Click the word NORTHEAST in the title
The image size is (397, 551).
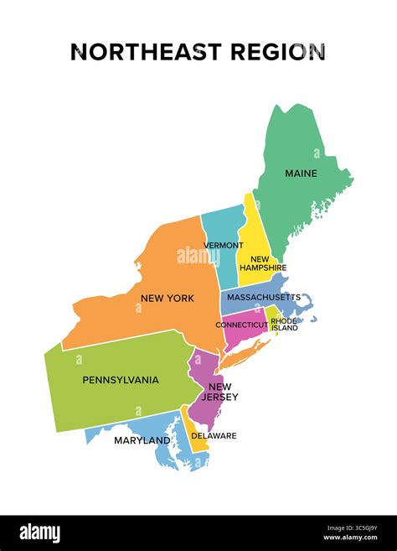click(x=136, y=52)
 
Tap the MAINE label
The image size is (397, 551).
click(x=301, y=174)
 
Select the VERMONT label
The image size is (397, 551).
click(x=223, y=246)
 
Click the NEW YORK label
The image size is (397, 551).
click(x=168, y=298)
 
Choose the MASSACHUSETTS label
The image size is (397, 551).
click(x=264, y=298)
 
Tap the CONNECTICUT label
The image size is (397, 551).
click(x=241, y=325)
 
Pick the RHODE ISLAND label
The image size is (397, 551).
click(x=284, y=324)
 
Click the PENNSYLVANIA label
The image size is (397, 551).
click(x=121, y=380)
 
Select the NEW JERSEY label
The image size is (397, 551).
click(x=219, y=392)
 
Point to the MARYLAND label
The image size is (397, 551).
click(x=143, y=440)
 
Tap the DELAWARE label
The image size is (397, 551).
click(x=213, y=435)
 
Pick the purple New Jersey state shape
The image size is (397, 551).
click(x=204, y=409)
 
